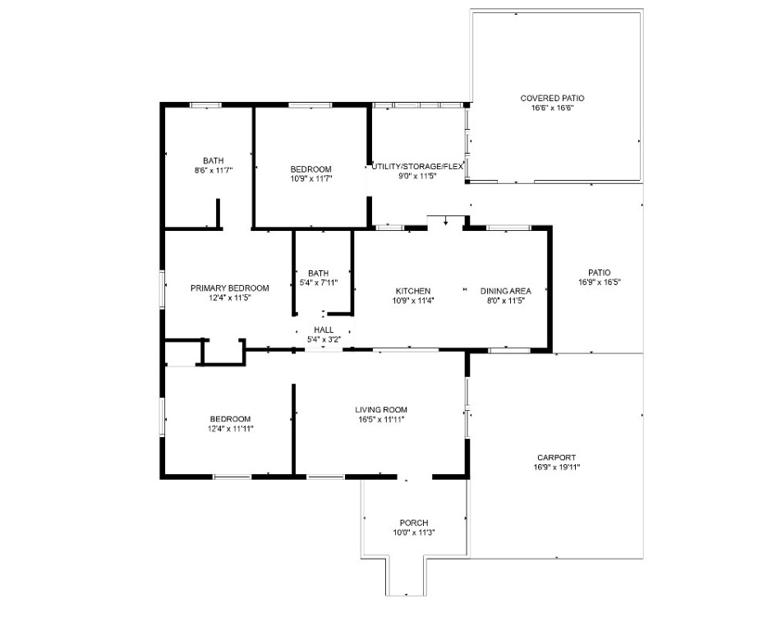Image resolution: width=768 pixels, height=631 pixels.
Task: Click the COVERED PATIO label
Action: click(x=552, y=98)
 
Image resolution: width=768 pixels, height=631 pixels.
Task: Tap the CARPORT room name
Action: click(x=556, y=458)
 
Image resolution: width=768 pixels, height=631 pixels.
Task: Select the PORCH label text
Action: click(x=414, y=523)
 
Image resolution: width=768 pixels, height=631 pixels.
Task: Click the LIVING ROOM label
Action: click(x=381, y=409)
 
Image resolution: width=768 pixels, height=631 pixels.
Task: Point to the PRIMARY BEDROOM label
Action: click(x=230, y=288)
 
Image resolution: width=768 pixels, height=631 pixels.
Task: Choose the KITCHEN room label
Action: click(x=413, y=291)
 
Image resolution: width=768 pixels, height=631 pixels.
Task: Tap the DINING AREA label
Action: click(x=505, y=291)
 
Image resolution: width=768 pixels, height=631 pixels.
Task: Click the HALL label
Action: click(x=324, y=329)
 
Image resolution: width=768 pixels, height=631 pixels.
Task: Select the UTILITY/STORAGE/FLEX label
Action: click(x=417, y=167)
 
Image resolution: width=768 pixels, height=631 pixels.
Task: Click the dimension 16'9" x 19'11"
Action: click(x=556, y=467)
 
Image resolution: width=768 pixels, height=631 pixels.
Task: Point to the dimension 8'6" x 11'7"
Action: click(x=214, y=171)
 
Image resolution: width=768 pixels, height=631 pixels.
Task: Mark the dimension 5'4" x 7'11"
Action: click(x=319, y=283)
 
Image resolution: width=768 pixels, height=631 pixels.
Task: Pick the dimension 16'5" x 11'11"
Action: click(x=381, y=419)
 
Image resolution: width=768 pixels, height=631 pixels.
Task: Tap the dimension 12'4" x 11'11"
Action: click(x=230, y=429)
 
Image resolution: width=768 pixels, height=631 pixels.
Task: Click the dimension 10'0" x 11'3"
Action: click(x=414, y=532)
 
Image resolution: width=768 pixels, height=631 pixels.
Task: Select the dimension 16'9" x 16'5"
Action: click(x=600, y=282)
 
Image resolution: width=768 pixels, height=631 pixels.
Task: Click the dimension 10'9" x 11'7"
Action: click(x=311, y=179)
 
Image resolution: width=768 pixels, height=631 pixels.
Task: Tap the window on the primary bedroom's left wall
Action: click(x=163, y=289)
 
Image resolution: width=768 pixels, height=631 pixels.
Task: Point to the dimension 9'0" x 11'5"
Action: click(x=417, y=177)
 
